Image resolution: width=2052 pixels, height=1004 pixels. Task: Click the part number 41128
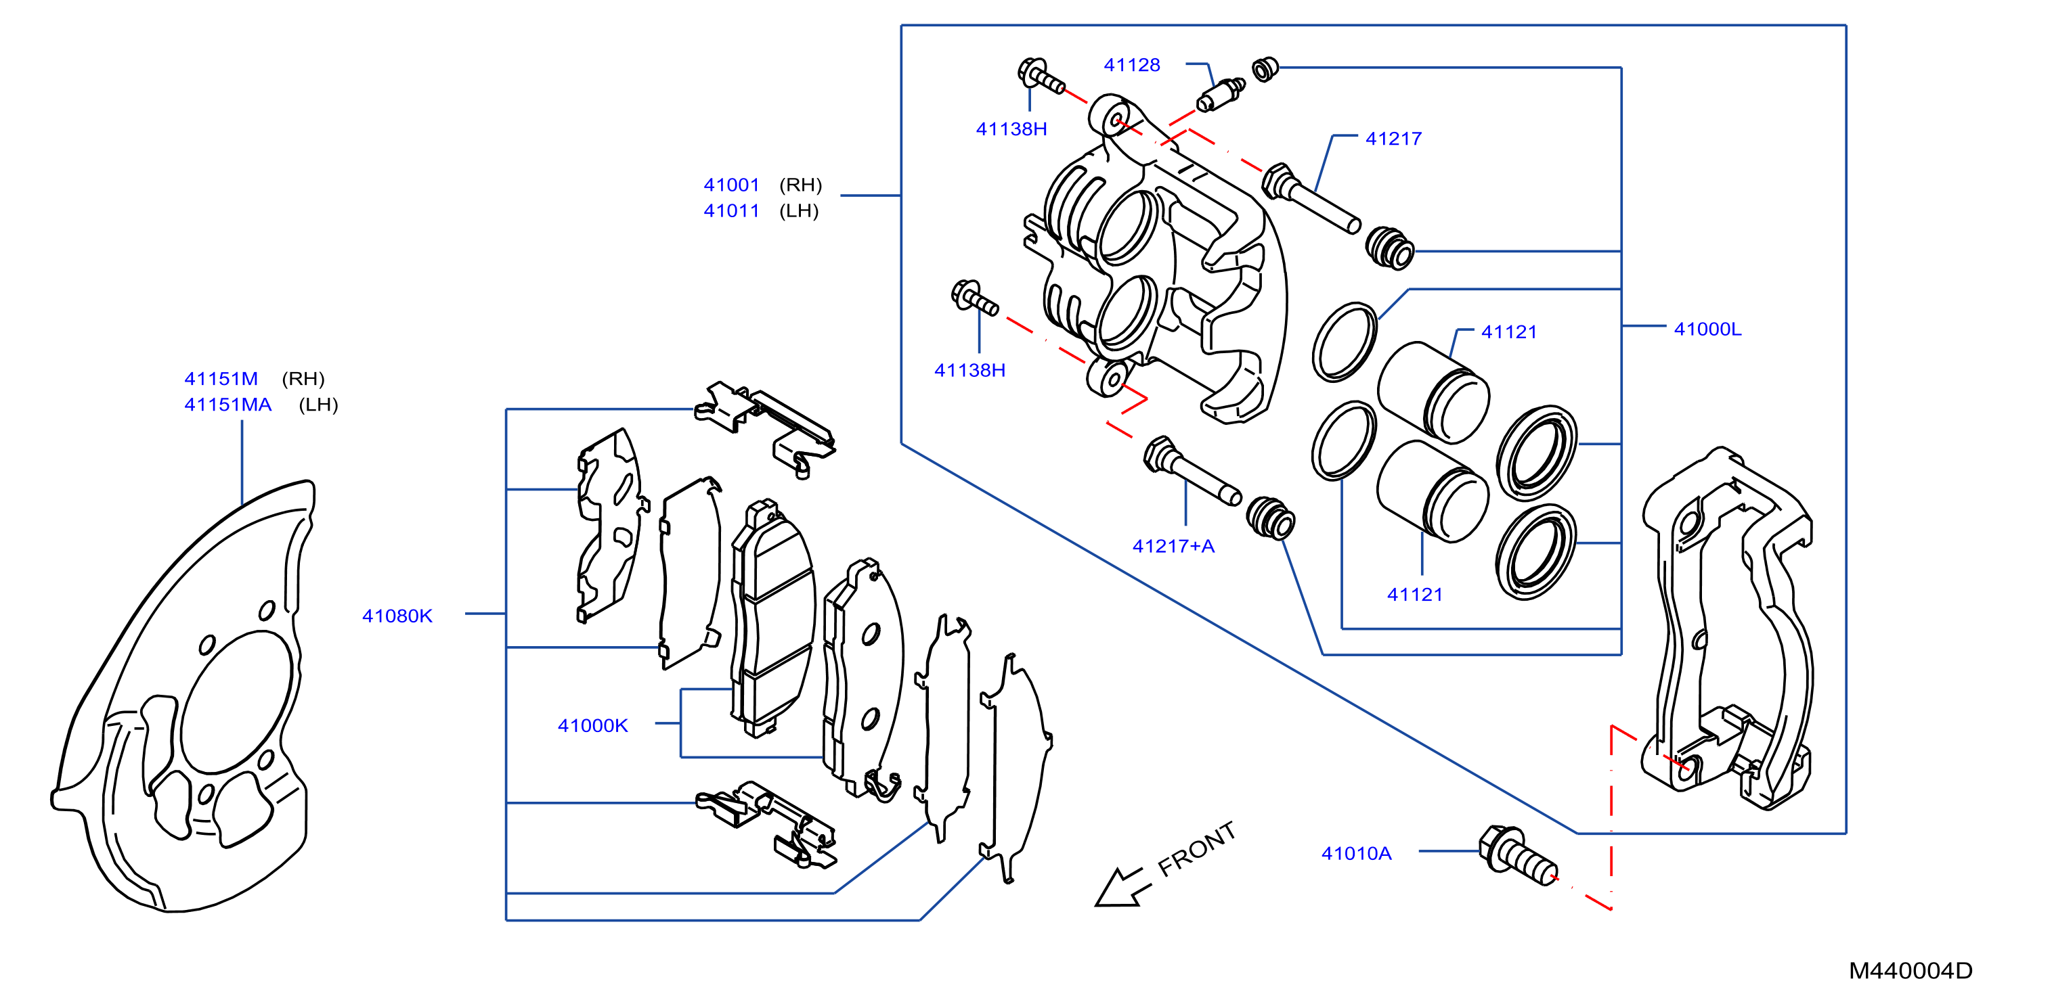click(x=1131, y=66)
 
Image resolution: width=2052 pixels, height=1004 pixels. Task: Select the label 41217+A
click(x=1173, y=546)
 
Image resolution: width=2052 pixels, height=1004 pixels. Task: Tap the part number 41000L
click(x=1708, y=329)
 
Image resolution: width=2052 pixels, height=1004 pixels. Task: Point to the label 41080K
click(x=397, y=616)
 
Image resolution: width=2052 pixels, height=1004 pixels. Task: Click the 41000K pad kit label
click(x=592, y=725)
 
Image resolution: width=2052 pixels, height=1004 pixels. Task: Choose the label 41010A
click(x=1357, y=854)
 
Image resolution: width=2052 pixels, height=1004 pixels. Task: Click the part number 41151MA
click(x=228, y=405)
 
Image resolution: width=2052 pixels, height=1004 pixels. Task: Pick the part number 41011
click(x=731, y=211)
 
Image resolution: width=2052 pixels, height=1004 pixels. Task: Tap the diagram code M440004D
click(x=1911, y=971)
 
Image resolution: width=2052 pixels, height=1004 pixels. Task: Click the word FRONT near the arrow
click(x=1196, y=849)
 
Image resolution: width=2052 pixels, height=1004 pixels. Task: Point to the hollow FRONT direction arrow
click(x=1122, y=888)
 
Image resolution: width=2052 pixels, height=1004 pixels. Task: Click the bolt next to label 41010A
click(x=1516, y=855)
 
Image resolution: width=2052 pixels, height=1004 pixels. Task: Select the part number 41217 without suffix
click(x=1393, y=139)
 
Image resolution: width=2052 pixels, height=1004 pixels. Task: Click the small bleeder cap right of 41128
click(x=1265, y=69)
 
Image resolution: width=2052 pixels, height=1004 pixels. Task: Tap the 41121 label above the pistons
click(x=1509, y=332)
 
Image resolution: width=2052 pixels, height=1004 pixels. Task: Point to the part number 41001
click(x=731, y=185)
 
